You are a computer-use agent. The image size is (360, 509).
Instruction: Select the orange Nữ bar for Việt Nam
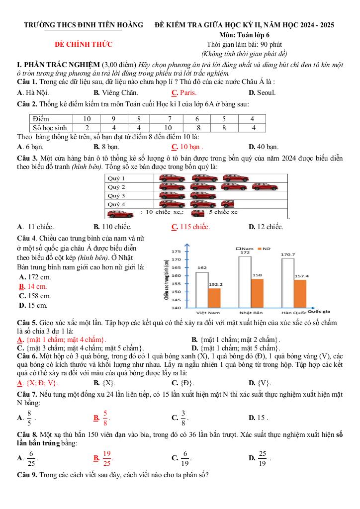(214, 298)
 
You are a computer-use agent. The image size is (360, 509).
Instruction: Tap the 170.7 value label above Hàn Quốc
(288, 254)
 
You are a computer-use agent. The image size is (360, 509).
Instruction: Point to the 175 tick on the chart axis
(176, 252)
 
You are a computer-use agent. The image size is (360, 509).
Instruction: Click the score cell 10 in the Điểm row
(87, 119)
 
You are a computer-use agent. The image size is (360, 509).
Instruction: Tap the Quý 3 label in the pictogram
(116, 195)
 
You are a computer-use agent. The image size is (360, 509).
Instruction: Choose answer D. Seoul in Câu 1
(262, 92)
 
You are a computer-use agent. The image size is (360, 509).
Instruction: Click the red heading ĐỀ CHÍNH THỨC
(84, 45)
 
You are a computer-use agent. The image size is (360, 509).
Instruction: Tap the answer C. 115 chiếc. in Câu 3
(190, 227)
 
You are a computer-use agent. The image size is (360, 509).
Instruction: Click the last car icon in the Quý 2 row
(265, 187)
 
